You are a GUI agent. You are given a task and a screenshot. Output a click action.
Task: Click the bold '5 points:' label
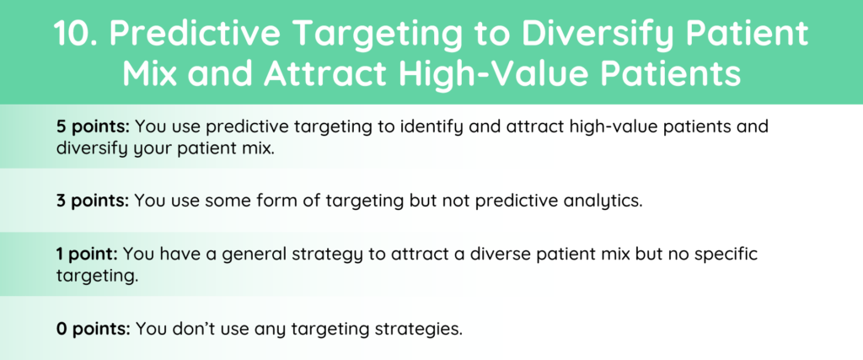pyautogui.click(x=93, y=127)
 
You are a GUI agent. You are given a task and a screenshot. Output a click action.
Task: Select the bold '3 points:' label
pyautogui.click(x=93, y=201)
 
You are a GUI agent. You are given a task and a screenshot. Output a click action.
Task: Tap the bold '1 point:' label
pyautogui.click(x=87, y=255)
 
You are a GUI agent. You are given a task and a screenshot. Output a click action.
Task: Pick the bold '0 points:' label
pyautogui.click(x=93, y=329)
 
